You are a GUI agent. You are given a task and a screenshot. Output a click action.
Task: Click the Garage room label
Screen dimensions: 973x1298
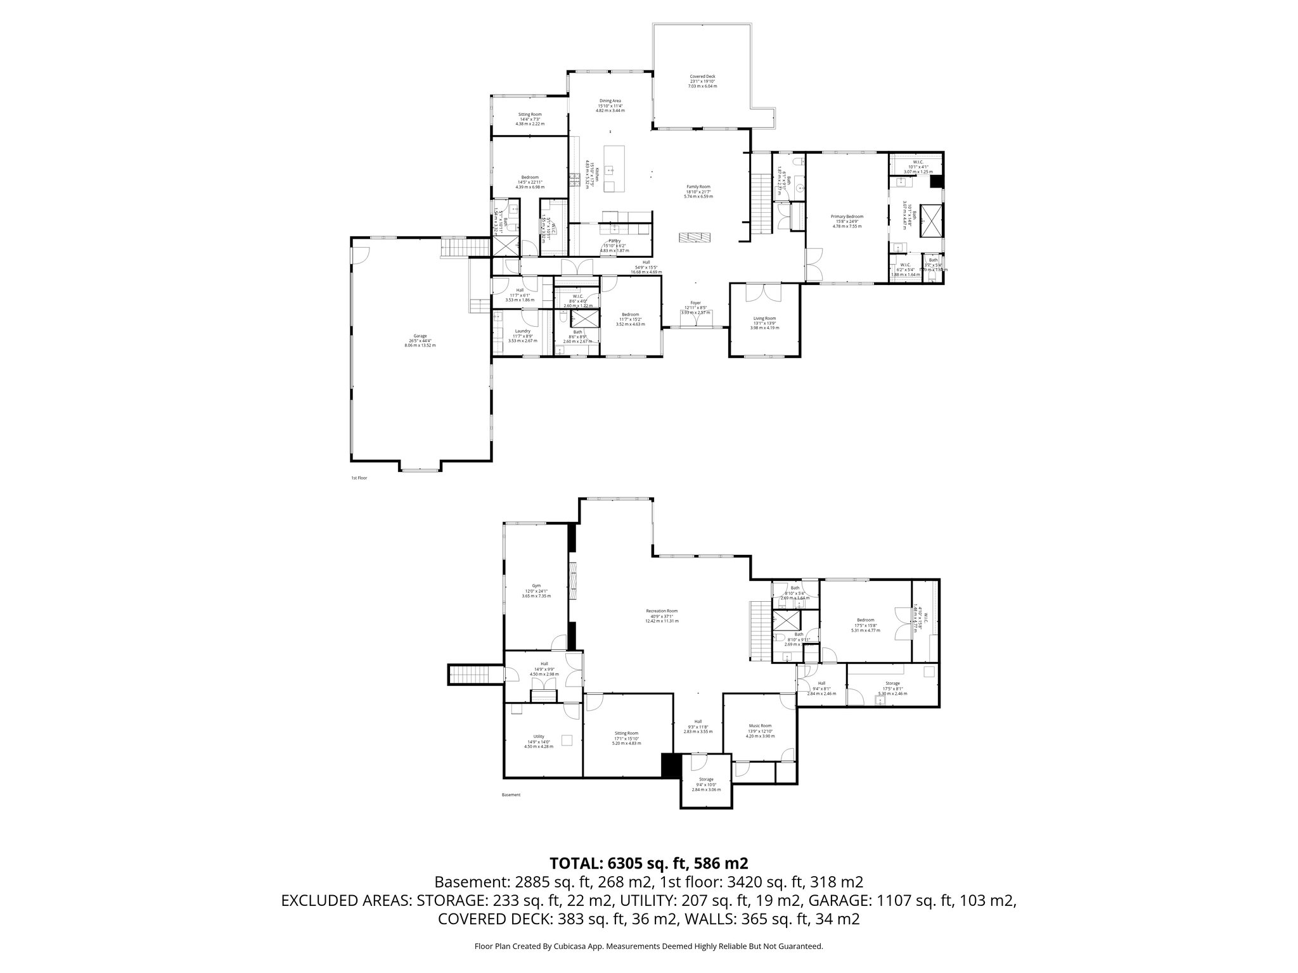[420, 336]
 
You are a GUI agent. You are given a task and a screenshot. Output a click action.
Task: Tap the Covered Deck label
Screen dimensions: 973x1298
[702, 77]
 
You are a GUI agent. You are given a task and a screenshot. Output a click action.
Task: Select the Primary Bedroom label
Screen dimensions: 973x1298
[847, 217]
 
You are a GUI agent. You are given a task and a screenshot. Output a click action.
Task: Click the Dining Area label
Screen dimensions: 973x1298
[610, 101]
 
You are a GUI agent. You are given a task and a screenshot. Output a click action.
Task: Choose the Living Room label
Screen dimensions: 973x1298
[764, 319]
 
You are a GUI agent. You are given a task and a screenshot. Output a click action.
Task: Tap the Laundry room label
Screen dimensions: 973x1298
[522, 331]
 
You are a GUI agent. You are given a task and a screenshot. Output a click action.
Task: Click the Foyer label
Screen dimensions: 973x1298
[695, 303]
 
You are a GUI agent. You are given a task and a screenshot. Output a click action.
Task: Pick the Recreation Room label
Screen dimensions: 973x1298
[662, 611]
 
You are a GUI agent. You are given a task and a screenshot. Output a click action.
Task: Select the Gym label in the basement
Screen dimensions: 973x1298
[536, 586]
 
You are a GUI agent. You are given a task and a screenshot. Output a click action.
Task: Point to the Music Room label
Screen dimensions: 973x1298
[759, 726]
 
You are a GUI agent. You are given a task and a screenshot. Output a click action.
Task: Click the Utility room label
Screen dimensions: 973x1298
[539, 737]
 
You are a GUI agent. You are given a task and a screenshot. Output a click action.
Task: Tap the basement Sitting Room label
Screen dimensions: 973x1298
[626, 733]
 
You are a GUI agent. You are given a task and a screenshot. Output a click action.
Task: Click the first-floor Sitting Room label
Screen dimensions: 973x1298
[530, 115]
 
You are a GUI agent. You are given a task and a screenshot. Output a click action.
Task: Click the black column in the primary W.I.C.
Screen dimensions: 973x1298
[935, 182]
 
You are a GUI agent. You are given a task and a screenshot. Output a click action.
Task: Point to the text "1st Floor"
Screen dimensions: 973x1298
[359, 478]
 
